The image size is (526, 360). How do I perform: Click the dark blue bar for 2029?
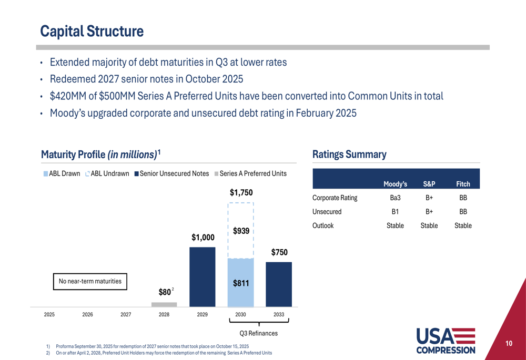203,276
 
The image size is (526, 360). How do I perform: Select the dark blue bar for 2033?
279,284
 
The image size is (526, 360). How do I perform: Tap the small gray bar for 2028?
164,304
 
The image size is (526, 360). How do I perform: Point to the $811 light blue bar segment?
240,283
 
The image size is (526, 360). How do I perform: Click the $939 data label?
241,231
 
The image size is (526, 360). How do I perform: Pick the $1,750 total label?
241,193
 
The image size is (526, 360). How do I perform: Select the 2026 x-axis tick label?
87,315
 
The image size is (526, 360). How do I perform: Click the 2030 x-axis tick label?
240,315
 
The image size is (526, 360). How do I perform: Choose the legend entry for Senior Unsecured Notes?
171,173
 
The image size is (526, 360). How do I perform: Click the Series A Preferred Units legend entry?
250,173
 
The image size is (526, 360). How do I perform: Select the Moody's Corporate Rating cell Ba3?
395,198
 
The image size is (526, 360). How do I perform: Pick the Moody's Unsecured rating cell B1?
395,212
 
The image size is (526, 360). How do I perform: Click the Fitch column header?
463,184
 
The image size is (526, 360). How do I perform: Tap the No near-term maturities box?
90,282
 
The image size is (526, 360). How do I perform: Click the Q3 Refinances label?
258,333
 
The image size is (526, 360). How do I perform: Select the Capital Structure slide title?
92,32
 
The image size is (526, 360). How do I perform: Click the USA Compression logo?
446,341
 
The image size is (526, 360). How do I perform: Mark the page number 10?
509,344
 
